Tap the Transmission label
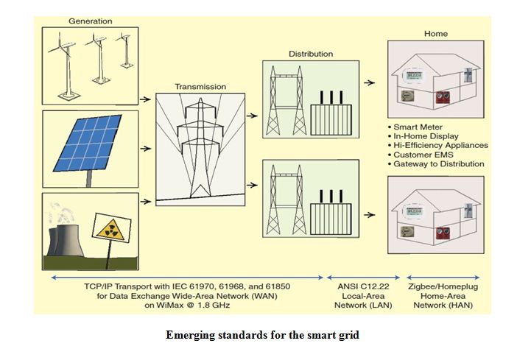tap(200, 86)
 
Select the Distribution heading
tap(310, 54)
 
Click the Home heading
tap(435, 34)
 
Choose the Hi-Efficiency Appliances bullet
tap(443, 145)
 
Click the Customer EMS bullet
tap(426, 155)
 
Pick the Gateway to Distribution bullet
tap(441, 163)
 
